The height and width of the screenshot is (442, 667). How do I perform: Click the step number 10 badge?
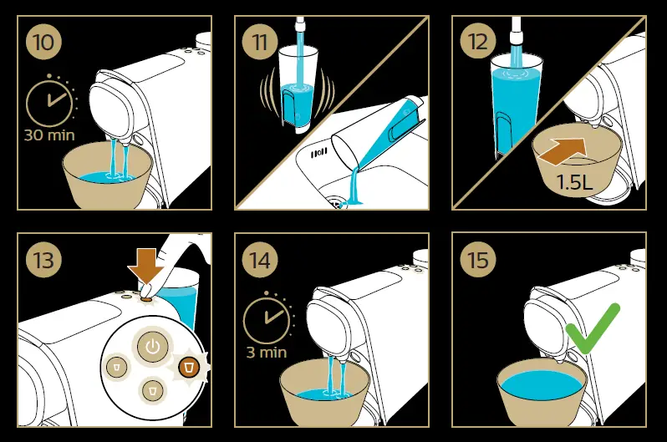click(43, 42)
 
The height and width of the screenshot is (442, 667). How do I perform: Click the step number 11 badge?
click(260, 42)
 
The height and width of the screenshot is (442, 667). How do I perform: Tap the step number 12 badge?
click(478, 42)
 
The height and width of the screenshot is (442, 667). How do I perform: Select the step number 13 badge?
click(43, 260)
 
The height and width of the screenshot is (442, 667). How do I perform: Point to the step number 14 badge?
click(260, 260)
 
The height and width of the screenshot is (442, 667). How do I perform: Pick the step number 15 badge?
click(478, 260)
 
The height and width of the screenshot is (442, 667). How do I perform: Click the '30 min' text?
click(49, 135)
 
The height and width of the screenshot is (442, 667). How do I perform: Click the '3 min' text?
click(267, 353)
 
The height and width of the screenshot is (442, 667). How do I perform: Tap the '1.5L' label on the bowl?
click(575, 182)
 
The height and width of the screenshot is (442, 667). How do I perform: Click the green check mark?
click(593, 328)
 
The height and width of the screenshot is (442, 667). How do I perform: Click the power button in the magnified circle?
click(153, 347)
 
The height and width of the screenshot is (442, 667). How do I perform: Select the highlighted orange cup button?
click(189, 366)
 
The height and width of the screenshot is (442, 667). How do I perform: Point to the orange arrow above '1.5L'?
click(563, 151)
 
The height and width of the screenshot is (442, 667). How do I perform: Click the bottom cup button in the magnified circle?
click(153, 389)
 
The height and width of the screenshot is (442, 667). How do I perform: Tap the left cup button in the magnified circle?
click(116, 366)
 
